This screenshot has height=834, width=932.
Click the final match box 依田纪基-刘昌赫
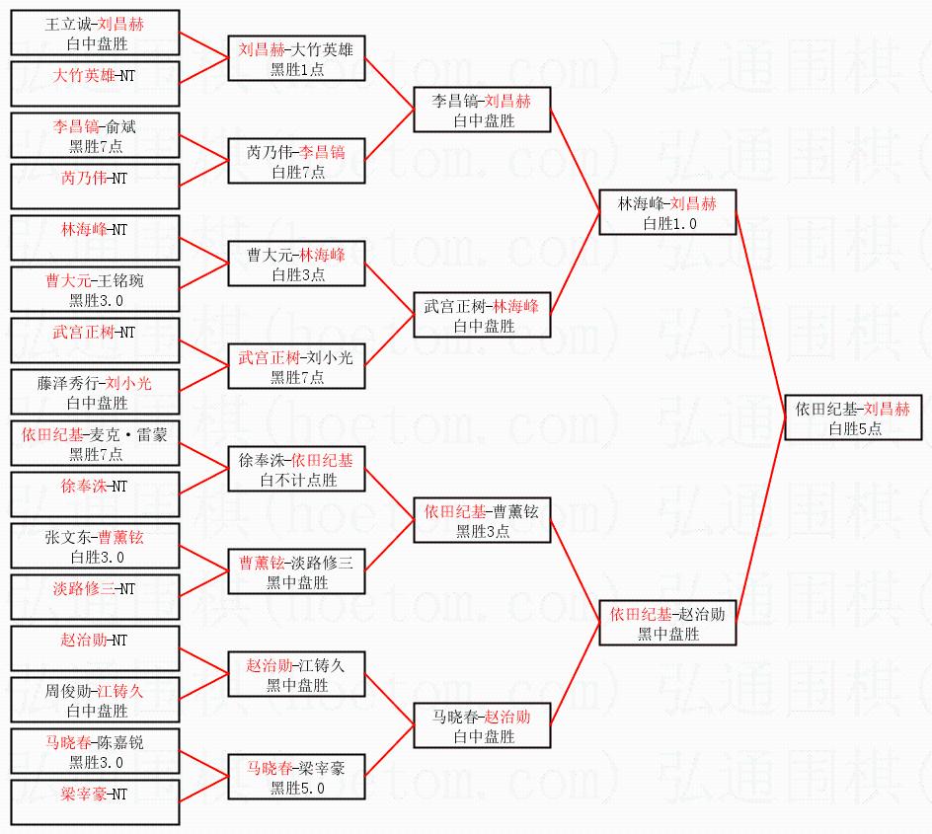(853, 417)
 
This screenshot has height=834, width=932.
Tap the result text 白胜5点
(855, 428)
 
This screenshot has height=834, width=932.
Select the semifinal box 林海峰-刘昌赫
(667, 212)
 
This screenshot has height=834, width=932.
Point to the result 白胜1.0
(669, 223)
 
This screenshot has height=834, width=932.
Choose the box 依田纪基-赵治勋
(667, 623)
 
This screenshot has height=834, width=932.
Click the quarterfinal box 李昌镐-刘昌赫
(482, 110)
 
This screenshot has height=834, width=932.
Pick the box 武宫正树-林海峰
(482, 315)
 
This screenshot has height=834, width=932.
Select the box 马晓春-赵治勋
(482, 725)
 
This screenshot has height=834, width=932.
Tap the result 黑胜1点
(297, 69)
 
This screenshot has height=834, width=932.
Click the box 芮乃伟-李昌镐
(296, 161)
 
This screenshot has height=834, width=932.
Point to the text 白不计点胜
(298, 480)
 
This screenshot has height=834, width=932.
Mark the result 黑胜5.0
(297, 789)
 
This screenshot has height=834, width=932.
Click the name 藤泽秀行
(67, 383)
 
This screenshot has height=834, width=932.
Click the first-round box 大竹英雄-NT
(95, 84)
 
